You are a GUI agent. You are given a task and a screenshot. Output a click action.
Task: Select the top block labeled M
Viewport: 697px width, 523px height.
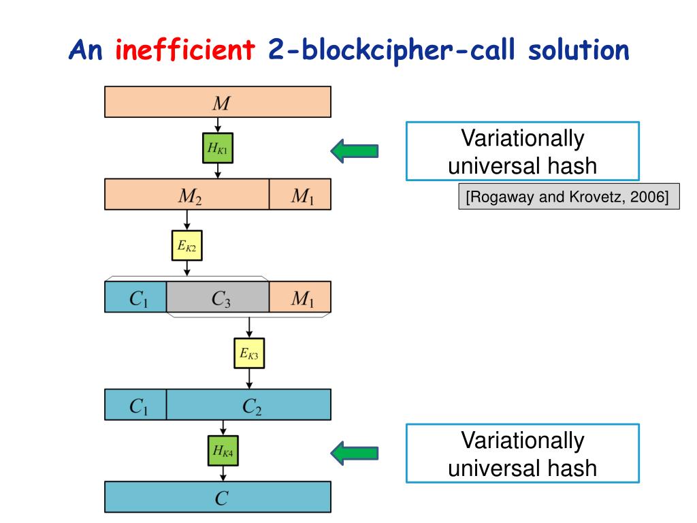coord(218,102)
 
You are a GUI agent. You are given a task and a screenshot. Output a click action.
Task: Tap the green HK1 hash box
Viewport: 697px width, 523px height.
coord(218,148)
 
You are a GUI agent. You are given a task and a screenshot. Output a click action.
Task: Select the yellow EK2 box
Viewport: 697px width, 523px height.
coord(187,246)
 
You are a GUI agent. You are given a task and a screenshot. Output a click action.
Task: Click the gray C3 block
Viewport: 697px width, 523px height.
coord(218,297)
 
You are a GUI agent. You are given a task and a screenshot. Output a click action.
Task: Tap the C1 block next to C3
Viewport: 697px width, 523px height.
coord(135,297)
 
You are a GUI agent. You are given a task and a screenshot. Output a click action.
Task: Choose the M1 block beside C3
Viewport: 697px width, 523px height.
coord(300,297)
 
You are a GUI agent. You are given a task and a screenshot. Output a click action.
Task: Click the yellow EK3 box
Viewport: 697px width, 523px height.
coord(249,353)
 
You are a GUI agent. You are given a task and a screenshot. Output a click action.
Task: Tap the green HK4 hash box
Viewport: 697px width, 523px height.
coord(223,449)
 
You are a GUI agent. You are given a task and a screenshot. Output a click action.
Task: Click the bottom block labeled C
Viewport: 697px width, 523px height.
coord(218,496)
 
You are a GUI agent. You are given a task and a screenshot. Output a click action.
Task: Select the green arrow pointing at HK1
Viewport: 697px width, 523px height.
coord(354,150)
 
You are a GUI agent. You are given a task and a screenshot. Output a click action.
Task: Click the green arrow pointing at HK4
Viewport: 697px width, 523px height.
coord(354,452)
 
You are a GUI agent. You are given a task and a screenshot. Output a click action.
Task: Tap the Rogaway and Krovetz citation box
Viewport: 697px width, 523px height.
coord(569,197)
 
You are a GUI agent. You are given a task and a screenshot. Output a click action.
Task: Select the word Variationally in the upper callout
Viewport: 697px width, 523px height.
coord(523,139)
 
